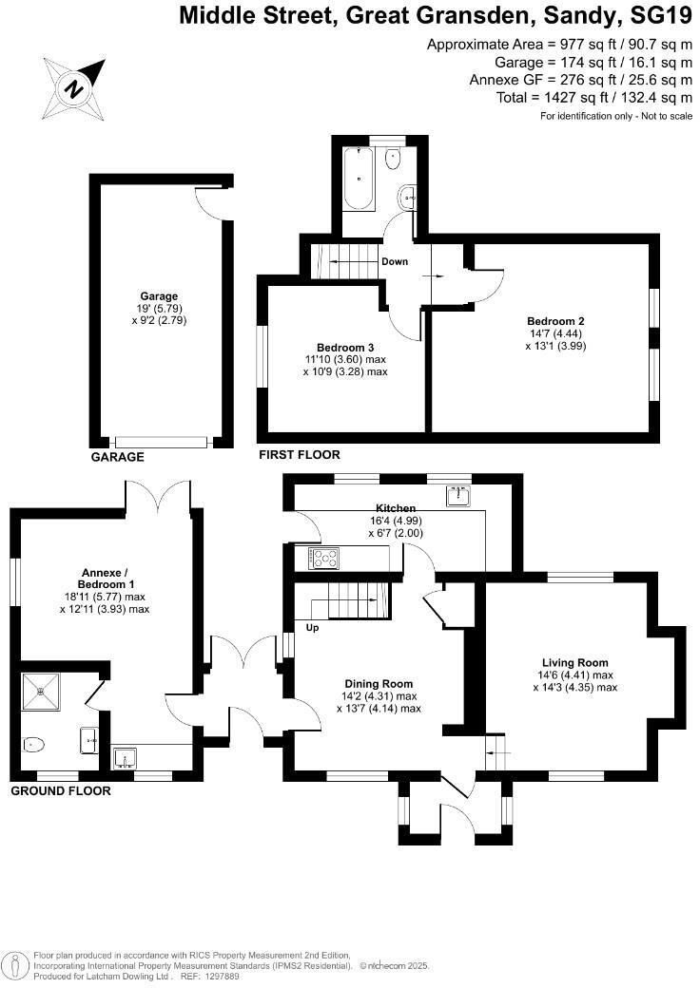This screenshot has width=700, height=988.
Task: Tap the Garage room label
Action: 158,296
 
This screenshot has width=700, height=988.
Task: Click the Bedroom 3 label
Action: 345,347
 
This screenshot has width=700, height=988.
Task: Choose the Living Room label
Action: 574,662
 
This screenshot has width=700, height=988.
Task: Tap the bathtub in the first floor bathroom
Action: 359,178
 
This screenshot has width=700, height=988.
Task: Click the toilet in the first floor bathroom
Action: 393,158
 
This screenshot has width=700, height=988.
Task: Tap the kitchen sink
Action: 458,495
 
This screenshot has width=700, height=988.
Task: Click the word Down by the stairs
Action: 395,261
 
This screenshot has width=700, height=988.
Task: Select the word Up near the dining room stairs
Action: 312,627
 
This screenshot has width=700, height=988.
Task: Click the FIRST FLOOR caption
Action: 299,456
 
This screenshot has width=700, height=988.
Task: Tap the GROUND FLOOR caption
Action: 60,790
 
